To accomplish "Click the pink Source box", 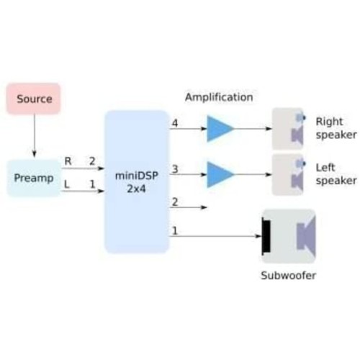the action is click(x=33, y=99).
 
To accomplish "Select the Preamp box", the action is click(x=34, y=178).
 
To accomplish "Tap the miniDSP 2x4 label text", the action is click(x=137, y=182).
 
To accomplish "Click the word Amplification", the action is click(x=219, y=97).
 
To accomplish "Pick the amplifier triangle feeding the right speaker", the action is click(x=219, y=129).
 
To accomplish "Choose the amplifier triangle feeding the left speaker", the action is click(x=219, y=174).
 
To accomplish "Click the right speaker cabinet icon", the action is click(x=288, y=129).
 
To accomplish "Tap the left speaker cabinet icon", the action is click(x=288, y=174).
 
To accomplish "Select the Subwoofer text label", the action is click(x=288, y=276).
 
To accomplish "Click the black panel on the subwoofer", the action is click(x=266, y=236).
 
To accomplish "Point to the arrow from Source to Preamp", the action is click(x=35, y=135).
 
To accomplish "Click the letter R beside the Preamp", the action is click(x=68, y=161).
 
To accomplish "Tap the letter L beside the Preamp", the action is click(x=67, y=184).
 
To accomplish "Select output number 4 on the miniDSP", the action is click(x=175, y=123).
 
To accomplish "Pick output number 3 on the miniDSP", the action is click(x=175, y=169).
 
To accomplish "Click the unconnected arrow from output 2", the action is click(x=188, y=207).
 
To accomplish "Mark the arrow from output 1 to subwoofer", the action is click(x=215, y=236).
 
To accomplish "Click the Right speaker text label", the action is click(x=336, y=128).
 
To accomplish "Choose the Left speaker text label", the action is click(x=336, y=174).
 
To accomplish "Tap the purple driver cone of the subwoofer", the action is click(x=306, y=236).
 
